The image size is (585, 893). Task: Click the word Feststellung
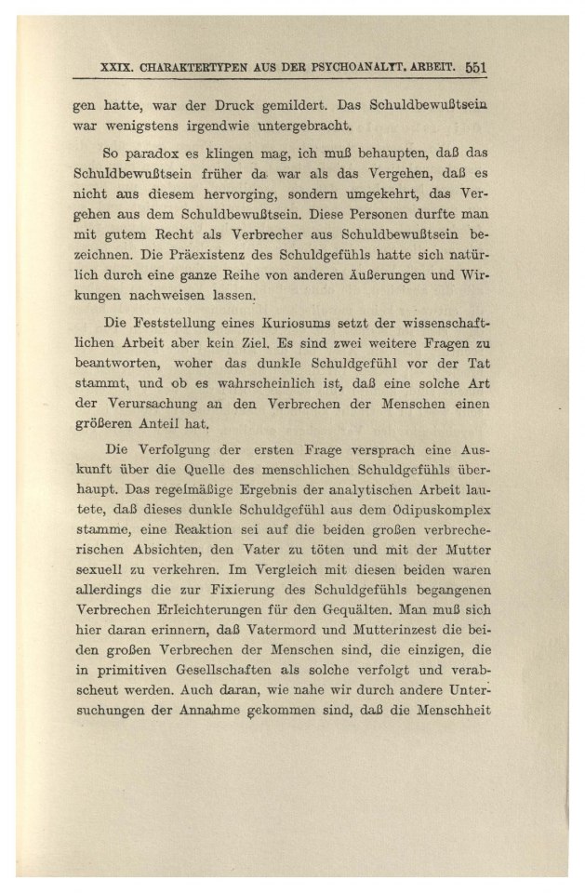(181, 323)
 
